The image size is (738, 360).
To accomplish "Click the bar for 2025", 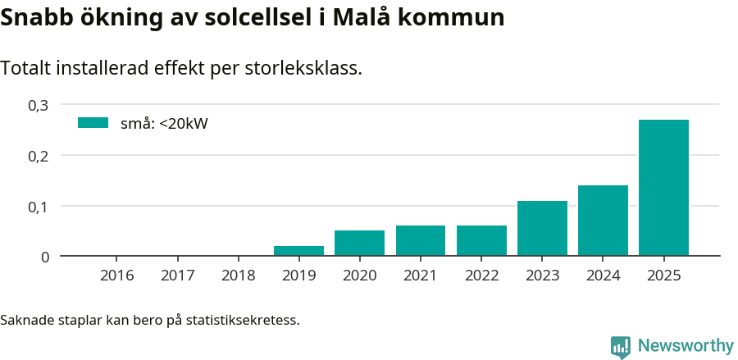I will click(x=663, y=188).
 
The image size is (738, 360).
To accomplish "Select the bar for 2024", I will click(x=603, y=221).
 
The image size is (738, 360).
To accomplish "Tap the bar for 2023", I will click(x=542, y=228).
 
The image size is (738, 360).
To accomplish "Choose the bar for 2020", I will click(x=359, y=243).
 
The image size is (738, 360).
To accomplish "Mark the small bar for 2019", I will click(x=298, y=251).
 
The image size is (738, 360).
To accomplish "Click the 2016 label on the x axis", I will click(x=116, y=276).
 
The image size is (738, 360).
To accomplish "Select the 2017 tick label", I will click(x=177, y=276).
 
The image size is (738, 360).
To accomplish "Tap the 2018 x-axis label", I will click(x=238, y=276).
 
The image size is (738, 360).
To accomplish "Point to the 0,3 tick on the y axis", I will click(x=39, y=105).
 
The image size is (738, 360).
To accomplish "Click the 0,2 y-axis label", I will click(x=39, y=156).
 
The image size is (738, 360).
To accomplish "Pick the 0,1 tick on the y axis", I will click(x=39, y=207).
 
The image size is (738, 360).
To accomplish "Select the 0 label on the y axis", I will click(x=45, y=257).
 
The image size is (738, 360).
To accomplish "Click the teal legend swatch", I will click(x=93, y=123).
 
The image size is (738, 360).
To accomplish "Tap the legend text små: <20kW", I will click(x=164, y=124).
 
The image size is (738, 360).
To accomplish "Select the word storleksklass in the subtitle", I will click(x=303, y=69).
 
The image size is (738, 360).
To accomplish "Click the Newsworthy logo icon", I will click(x=621, y=347).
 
